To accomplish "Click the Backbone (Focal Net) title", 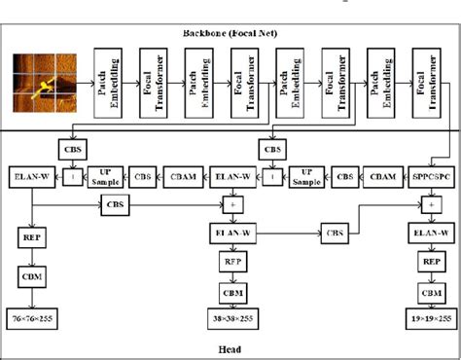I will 230,35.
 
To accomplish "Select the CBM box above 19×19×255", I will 429,292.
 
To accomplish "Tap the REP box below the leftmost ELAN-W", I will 29,236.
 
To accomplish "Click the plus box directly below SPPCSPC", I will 429,205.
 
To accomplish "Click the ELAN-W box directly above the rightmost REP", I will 429,234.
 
